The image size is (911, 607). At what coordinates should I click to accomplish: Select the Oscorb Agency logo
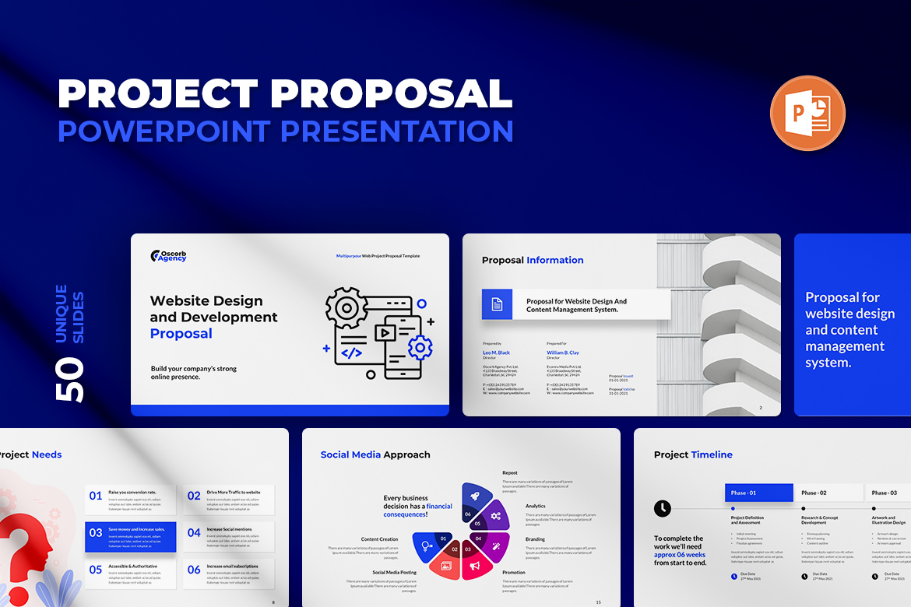pyautogui.click(x=169, y=256)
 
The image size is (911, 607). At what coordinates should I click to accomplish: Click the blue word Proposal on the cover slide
pyautogui.click(x=181, y=334)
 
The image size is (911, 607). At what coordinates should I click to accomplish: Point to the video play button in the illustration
pyautogui.click(x=383, y=332)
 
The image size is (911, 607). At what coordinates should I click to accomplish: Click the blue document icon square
pyautogui.click(x=497, y=304)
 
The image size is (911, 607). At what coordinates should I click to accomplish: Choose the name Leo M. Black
pyautogui.click(x=496, y=353)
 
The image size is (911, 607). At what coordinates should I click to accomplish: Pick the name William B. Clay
pyautogui.click(x=562, y=353)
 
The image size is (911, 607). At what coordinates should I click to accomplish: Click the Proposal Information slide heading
pyautogui.click(x=532, y=261)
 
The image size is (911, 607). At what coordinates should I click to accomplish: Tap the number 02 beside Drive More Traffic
pyautogui.click(x=194, y=496)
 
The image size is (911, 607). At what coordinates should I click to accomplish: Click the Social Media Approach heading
pyautogui.click(x=375, y=454)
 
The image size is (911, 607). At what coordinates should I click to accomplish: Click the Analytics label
pyautogui.click(x=535, y=506)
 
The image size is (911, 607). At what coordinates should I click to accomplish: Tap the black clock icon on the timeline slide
pyautogui.click(x=662, y=508)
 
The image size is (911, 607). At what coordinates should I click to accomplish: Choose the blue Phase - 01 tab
pyautogui.click(x=758, y=493)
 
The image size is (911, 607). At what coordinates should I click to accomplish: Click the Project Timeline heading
pyautogui.click(x=692, y=454)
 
